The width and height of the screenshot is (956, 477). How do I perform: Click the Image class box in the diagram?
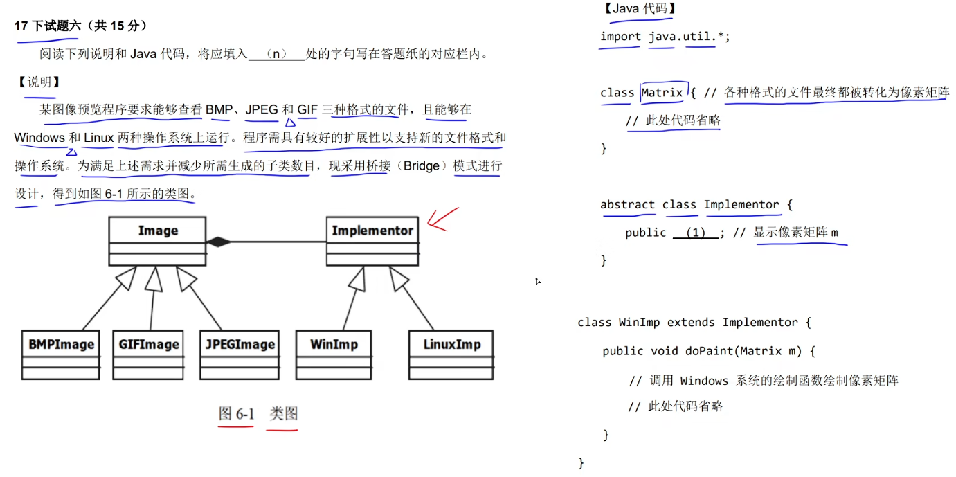(157, 241)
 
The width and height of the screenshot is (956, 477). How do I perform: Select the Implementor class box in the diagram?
(372, 241)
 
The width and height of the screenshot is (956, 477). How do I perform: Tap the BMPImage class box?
(62, 354)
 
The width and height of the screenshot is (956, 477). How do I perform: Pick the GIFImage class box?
(149, 354)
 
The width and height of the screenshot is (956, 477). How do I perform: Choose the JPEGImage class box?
(240, 354)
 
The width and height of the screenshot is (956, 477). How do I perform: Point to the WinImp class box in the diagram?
(334, 354)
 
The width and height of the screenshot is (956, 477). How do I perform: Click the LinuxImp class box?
(452, 354)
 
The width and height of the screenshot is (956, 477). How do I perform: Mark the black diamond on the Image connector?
(218, 242)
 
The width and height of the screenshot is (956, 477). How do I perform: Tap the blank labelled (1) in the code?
(696, 233)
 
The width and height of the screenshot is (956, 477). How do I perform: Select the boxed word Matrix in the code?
(662, 93)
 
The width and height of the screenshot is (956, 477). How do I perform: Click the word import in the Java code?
(620, 37)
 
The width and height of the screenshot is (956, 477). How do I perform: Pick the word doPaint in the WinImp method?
(710, 351)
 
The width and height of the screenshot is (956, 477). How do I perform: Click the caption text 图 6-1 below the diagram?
(237, 414)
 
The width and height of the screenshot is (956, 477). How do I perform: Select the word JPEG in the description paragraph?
(262, 109)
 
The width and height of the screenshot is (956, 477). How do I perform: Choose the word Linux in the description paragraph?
(98, 138)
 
